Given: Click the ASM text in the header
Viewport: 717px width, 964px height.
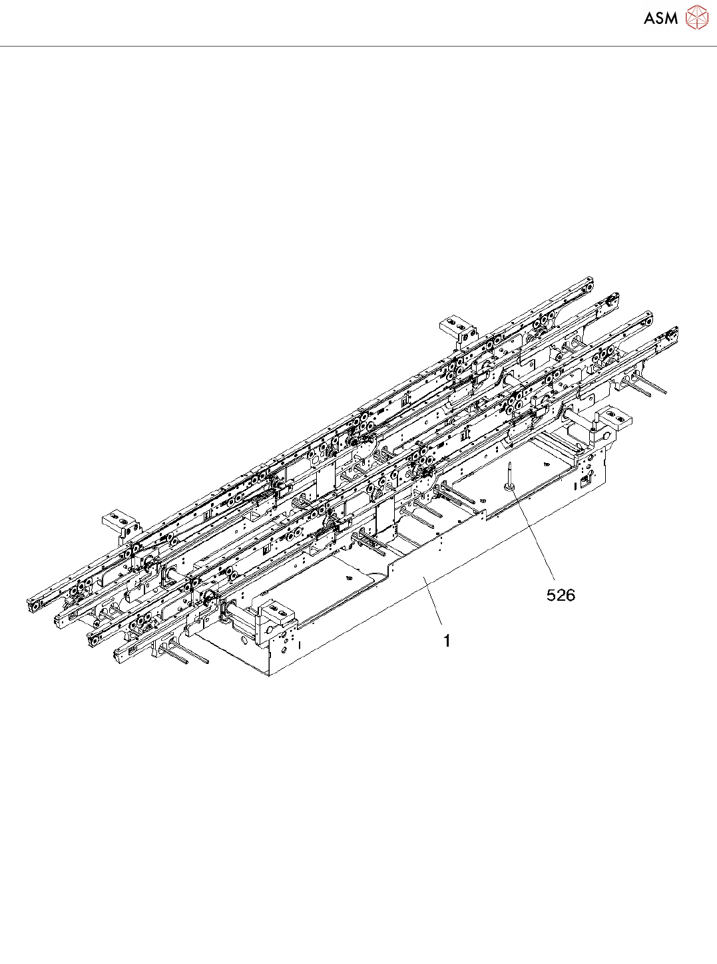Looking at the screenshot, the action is click(x=661, y=18).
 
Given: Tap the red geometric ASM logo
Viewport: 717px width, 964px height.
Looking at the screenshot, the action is click(x=697, y=17).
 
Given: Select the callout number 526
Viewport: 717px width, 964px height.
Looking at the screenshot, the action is click(x=561, y=595).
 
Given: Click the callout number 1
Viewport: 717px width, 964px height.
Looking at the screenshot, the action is click(x=447, y=641).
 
